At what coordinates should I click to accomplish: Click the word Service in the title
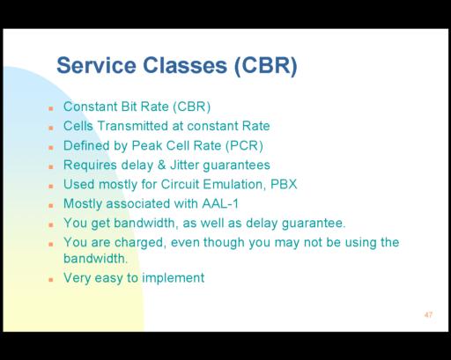(x=96, y=65)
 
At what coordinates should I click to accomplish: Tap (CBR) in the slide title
(x=266, y=66)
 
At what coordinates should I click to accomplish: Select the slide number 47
(x=428, y=315)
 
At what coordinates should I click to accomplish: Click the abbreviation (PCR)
(x=244, y=146)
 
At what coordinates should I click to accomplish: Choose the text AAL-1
(x=220, y=203)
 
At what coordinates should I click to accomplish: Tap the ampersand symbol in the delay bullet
(x=161, y=165)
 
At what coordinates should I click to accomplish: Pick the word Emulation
(x=234, y=185)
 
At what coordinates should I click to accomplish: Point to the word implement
(x=174, y=278)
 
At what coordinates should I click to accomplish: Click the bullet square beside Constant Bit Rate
(x=51, y=108)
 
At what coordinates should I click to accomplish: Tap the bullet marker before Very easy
(x=51, y=280)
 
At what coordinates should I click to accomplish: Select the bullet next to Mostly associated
(x=51, y=206)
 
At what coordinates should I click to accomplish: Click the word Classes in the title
(x=185, y=65)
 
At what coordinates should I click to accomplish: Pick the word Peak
(x=146, y=146)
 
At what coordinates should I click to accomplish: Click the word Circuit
(x=180, y=184)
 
